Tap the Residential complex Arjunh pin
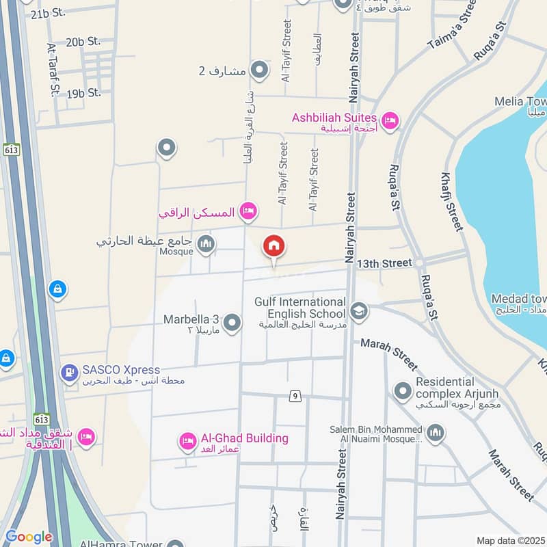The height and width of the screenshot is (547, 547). (403, 391)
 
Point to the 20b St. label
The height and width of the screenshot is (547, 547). (83, 42)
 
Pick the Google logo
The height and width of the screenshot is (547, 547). (29, 537)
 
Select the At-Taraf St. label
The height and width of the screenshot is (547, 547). (53, 69)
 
